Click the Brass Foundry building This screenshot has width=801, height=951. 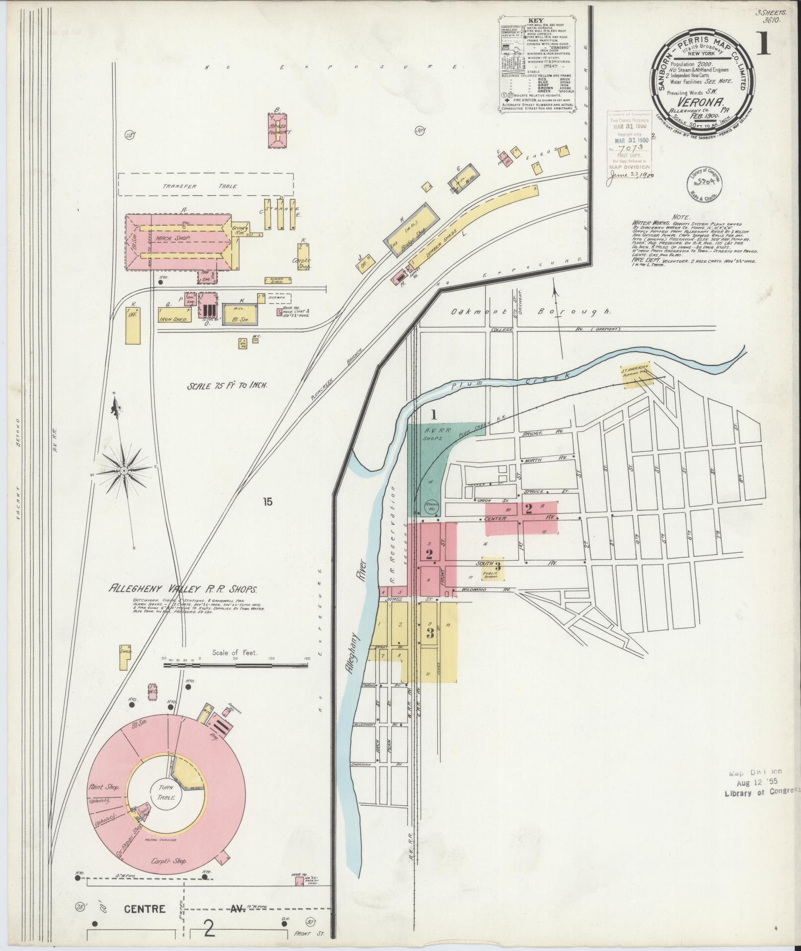279,130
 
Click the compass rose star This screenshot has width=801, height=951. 123,470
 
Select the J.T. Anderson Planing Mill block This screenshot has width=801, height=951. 635,375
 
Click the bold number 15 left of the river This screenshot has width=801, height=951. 268,502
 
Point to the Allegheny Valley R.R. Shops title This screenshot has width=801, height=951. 183,590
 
